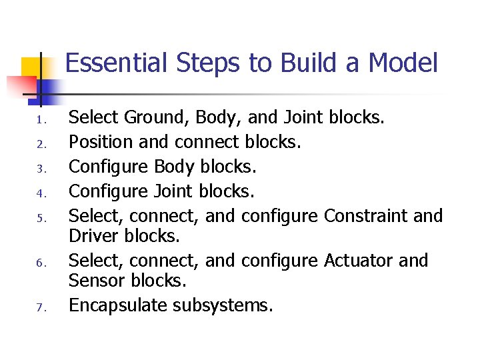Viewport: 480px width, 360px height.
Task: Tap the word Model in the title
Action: (x=403, y=64)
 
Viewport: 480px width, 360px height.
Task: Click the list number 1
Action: (x=40, y=121)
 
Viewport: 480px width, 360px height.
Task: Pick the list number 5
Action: (x=40, y=218)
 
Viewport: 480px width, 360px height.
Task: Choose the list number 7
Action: (x=40, y=307)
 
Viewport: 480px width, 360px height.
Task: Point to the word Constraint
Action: (x=366, y=216)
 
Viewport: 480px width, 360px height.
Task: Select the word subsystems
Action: (x=223, y=305)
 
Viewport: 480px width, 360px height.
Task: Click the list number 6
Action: (x=40, y=263)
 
